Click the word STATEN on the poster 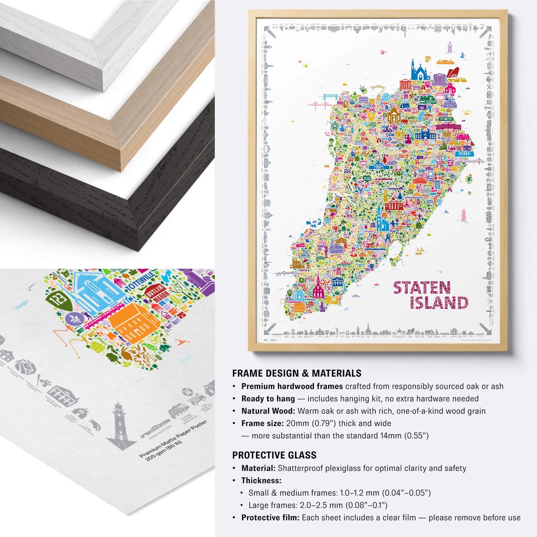[x=422, y=288]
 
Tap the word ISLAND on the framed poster [x=439, y=303]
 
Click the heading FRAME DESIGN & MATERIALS [x=297, y=373]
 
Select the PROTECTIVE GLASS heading [x=274, y=455]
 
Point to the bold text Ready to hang [x=268, y=399]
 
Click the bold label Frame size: [x=262, y=423]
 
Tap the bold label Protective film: [x=270, y=518]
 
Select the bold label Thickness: [x=261, y=481]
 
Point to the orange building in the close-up [x=135, y=321]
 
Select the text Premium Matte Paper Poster [x=173, y=439]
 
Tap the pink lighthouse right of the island [x=464, y=214]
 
